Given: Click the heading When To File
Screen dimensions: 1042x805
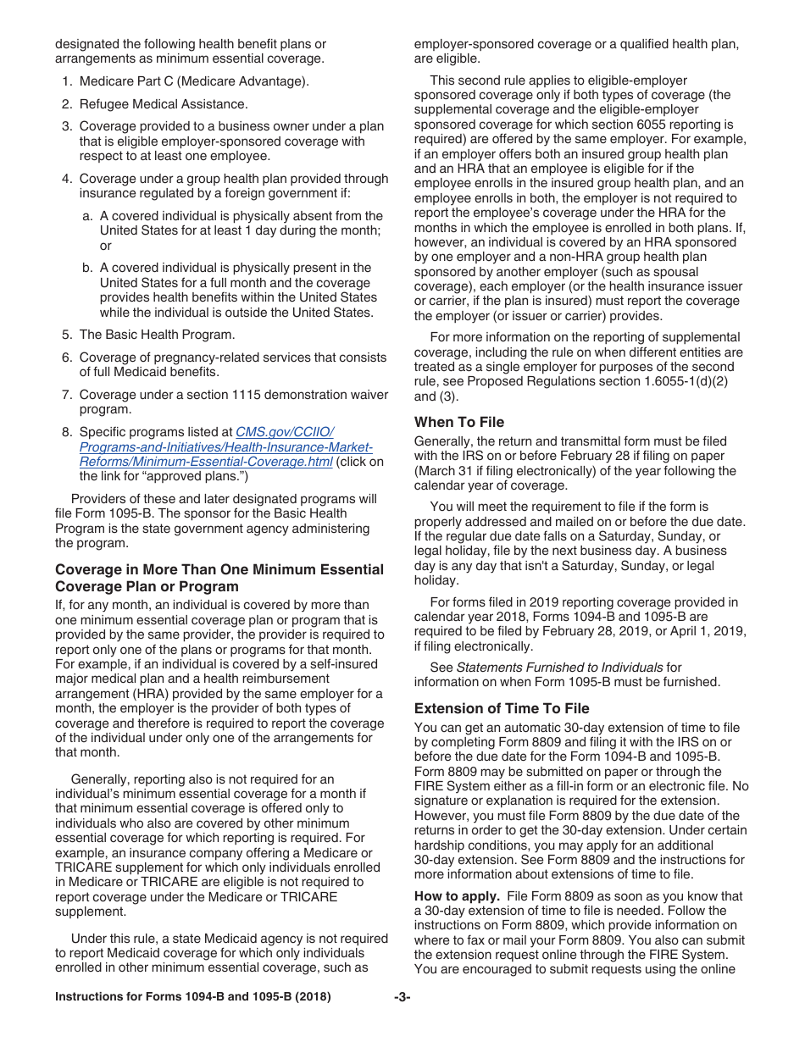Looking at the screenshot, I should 458,422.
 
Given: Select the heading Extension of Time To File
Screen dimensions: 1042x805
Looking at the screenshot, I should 502,708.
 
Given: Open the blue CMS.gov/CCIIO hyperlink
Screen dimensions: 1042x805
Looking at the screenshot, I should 225,446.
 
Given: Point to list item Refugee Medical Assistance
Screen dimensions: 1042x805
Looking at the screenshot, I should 164,103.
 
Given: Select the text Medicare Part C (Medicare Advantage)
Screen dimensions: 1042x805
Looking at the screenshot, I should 194,81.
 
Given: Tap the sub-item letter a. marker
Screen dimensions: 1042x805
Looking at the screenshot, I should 87,216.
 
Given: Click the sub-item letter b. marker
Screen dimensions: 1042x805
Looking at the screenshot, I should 87,268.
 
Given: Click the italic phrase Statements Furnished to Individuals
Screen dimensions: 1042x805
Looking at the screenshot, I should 559,668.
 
